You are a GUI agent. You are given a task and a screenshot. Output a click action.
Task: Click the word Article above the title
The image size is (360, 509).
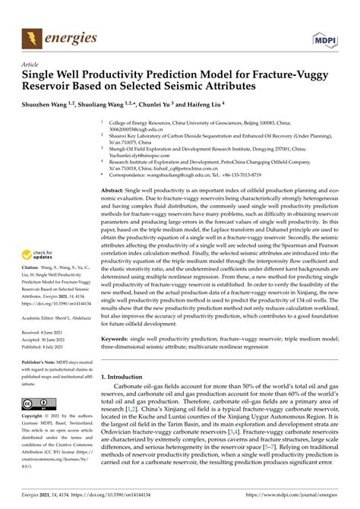[x=31, y=66]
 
